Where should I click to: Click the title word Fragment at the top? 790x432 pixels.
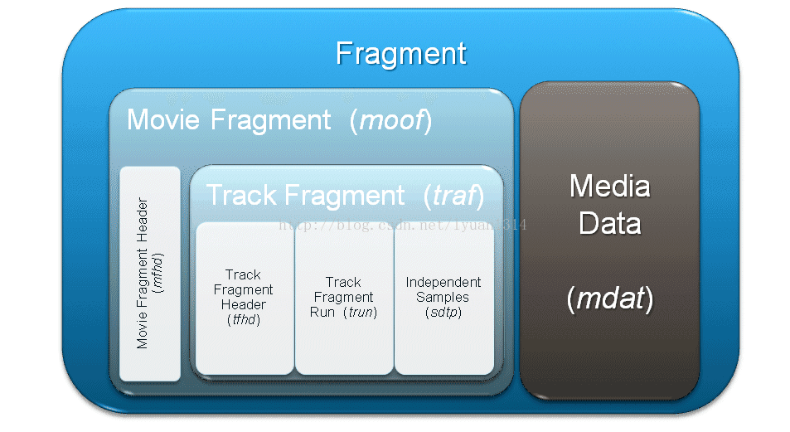pyautogui.click(x=401, y=54)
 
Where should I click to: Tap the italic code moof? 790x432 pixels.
pyautogui.click(x=391, y=120)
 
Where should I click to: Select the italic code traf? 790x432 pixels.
pyautogui.click(x=454, y=195)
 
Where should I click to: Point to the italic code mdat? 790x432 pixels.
pyautogui.click(x=610, y=298)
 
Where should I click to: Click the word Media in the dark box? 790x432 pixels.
pyautogui.click(x=610, y=186)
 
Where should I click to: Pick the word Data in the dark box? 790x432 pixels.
pyautogui.click(x=609, y=223)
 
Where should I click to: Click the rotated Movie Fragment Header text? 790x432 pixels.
pyautogui.click(x=143, y=273)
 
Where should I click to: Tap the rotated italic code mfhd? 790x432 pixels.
pyautogui.click(x=158, y=274)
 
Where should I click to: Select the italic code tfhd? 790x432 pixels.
pyautogui.click(x=244, y=319)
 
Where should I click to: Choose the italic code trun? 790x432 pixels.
pyautogui.click(x=361, y=312)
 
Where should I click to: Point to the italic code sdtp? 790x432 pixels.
pyautogui.click(x=443, y=312)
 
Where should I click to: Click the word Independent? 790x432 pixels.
pyautogui.click(x=443, y=282)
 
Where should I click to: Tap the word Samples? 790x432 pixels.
pyautogui.click(x=443, y=298)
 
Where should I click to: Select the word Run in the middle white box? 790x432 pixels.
pyautogui.click(x=322, y=312)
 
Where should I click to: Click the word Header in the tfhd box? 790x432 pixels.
pyautogui.click(x=244, y=304)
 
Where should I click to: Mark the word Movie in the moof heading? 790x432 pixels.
pyautogui.click(x=163, y=120)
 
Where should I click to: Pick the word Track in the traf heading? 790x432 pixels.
pyautogui.click(x=241, y=195)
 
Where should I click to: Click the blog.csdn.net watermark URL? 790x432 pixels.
pyautogui.click(x=403, y=225)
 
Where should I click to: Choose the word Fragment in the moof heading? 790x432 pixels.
pyautogui.click(x=270, y=120)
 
